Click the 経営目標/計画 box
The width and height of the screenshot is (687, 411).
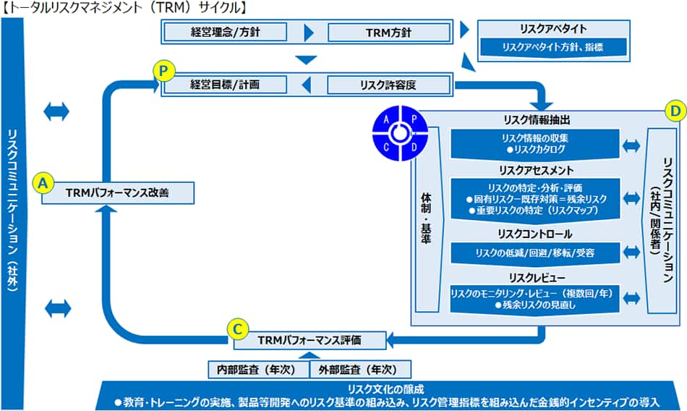click(225, 85)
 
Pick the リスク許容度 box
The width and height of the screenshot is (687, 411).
click(388, 85)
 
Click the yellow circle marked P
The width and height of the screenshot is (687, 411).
click(163, 71)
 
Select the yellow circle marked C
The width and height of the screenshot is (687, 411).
click(236, 328)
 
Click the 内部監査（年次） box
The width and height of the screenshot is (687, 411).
click(257, 369)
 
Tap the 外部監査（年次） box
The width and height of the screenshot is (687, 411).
click(360, 369)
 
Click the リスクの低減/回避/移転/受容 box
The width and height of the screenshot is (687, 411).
click(535, 253)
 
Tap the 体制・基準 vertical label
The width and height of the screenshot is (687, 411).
click(425, 217)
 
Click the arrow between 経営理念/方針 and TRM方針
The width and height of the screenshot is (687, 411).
click(310, 33)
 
